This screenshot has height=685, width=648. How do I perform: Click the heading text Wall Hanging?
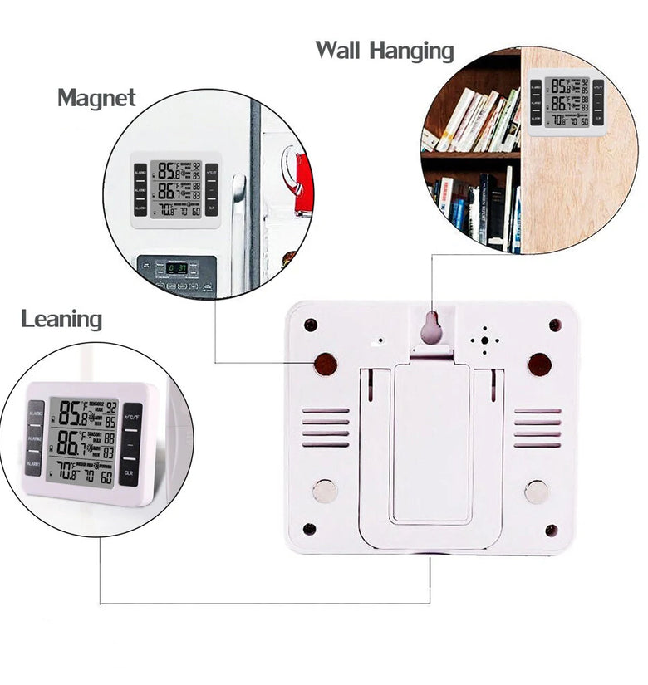pyautogui.click(x=384, y=51)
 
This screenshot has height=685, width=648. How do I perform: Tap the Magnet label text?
pyautogui.click(x=96, y=98)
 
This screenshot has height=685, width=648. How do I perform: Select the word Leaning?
pyautogui.click(x=61, y=319)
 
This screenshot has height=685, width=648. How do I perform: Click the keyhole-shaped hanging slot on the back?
pyautogui.click(x=431, y=329)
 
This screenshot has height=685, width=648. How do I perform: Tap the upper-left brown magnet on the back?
pyautogui.click(x=326, y=364)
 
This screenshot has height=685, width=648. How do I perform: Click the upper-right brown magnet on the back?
pyautogui.click(x=539, y=364)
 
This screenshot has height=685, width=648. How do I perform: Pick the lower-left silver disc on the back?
pyautogui.click(x=325, y=492)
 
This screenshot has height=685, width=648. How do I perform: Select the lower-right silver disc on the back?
pyautogui.click(x=537, y=492)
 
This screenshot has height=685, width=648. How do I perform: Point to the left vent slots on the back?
pyautogui.click(x=326, y=428)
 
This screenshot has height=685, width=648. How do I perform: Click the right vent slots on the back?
pyautogui.click(x=537, y=428)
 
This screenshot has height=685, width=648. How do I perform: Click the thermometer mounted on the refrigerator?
pyautogui.click(x=175, y=189)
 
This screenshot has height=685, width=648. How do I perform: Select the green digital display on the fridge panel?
pyautogui.click(x=176, y=268)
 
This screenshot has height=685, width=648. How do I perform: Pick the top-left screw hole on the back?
pyautogui.click(x=310, y=325)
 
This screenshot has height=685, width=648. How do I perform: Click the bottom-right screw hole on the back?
pyautogui.click(x=551, y=530)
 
